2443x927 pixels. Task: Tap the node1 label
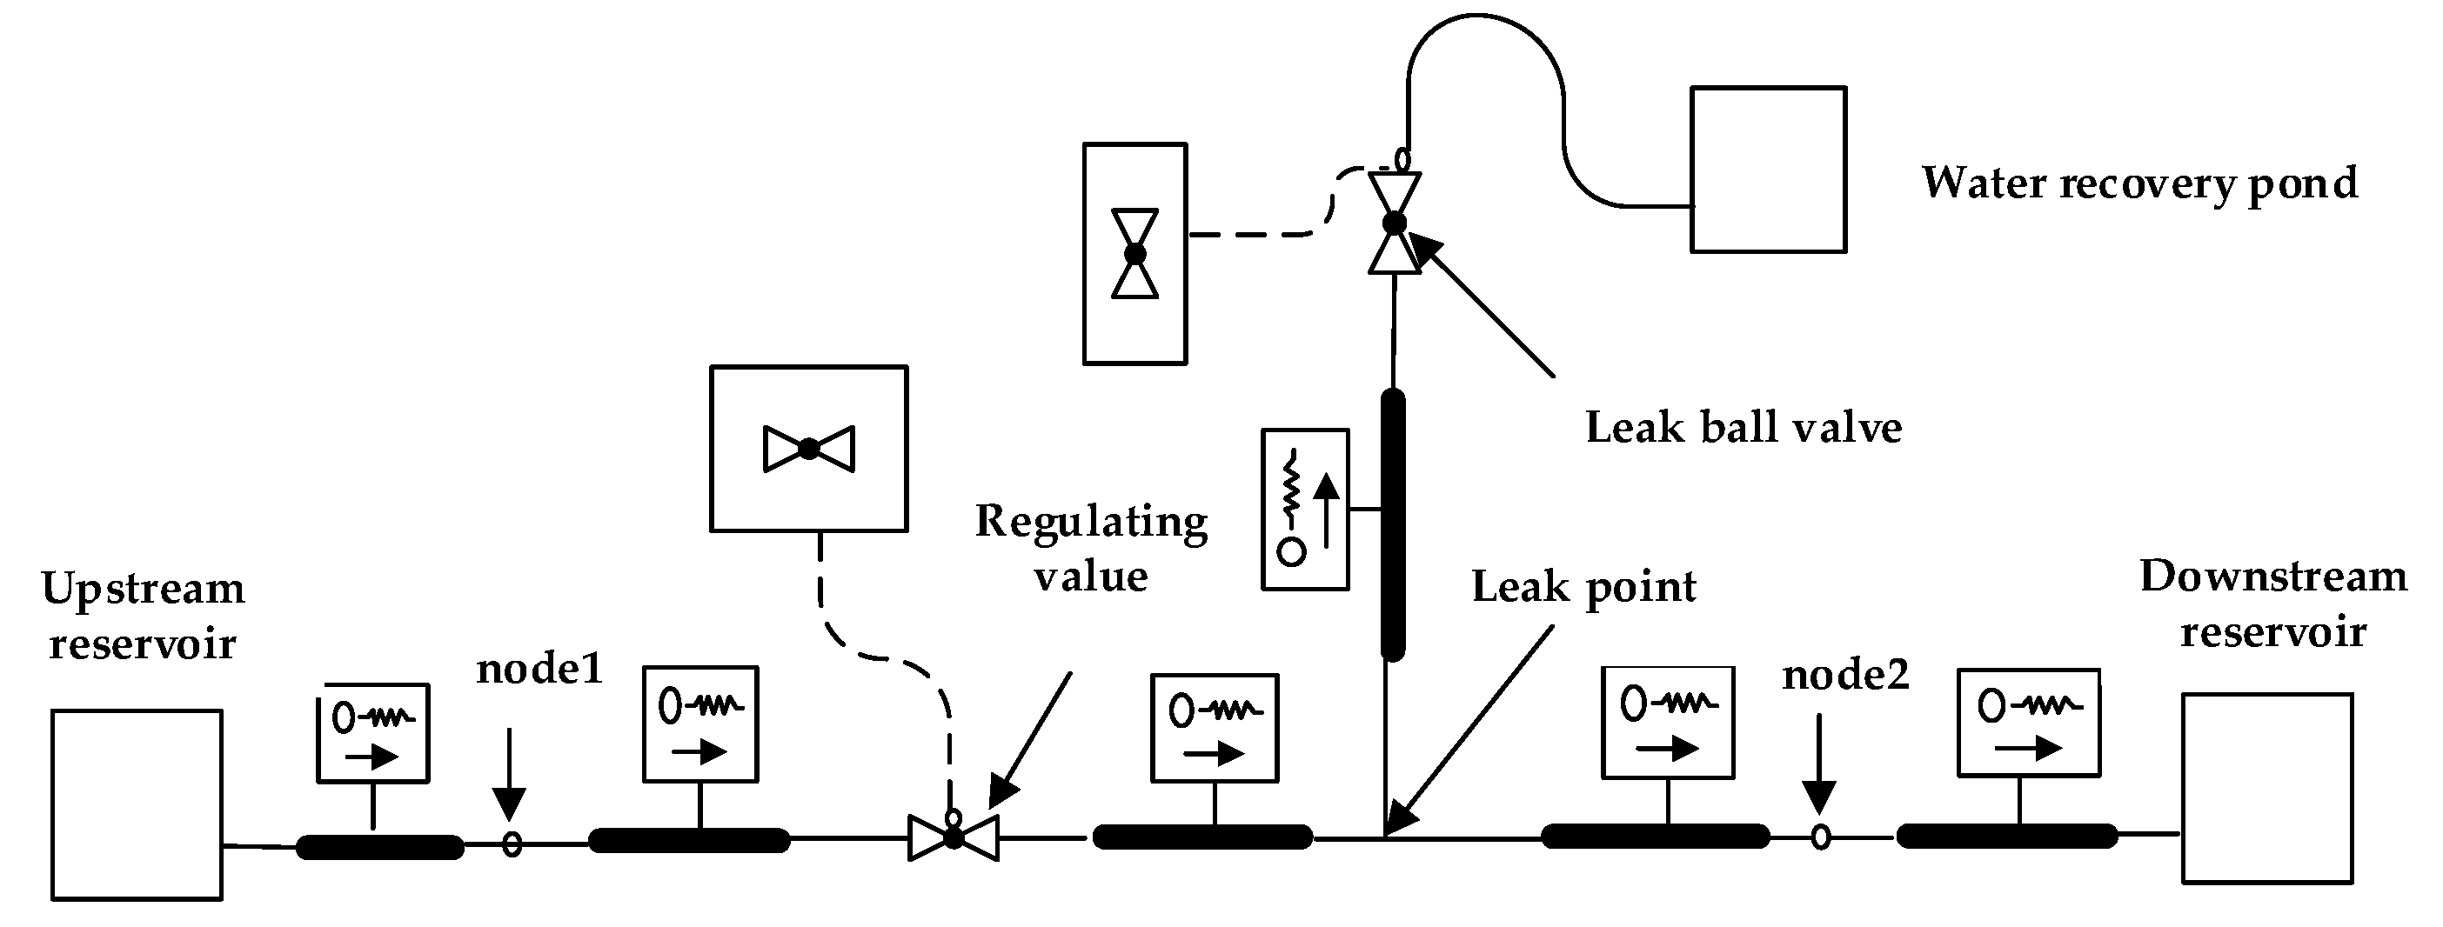point(539,670)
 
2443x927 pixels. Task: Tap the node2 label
point(1845,675)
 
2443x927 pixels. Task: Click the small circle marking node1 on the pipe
point(512,843)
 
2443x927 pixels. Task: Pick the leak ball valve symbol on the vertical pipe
point(1395,223)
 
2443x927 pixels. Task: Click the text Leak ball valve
point(1744,428)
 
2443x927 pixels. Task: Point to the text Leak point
point(1583,588)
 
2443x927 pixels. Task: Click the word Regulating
point(1092,524)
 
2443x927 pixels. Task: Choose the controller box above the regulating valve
point(809,449)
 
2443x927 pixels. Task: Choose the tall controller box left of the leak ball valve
point(1135,253)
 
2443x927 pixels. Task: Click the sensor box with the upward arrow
point(1305,510)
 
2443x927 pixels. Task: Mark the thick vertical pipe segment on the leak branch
point(1393,524)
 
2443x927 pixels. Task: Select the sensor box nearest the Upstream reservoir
point(372,733)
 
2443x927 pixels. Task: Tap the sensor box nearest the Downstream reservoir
point(2030,723)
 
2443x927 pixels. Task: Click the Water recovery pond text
point(2140,183)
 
